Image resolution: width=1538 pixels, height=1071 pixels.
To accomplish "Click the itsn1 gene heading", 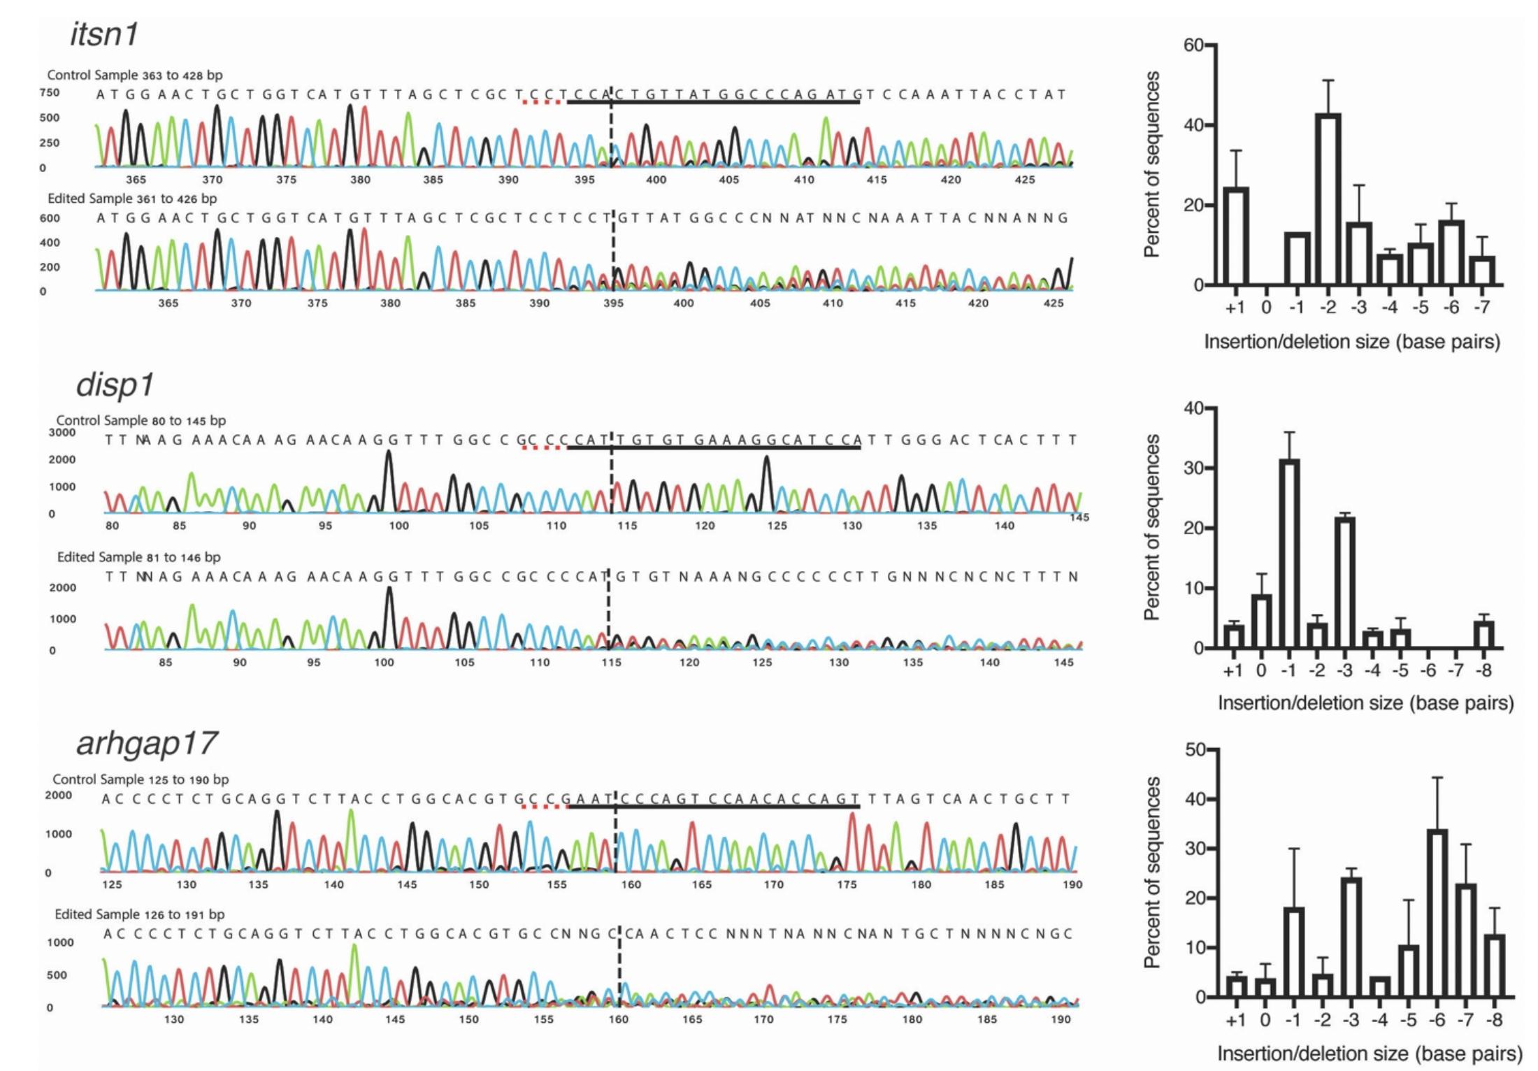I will (104, 34).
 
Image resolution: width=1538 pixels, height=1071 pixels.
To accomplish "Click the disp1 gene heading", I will (115, 384).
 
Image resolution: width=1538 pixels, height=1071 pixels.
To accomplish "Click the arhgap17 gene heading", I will (147, 742).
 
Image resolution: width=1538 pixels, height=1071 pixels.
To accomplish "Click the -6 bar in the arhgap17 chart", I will (1437, 913).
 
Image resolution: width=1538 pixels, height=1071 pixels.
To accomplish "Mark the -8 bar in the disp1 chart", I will (1483, 635).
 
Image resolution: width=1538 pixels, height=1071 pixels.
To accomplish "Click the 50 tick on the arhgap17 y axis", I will (1195, 749).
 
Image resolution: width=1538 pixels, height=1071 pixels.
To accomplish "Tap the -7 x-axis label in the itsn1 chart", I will (1481, 308).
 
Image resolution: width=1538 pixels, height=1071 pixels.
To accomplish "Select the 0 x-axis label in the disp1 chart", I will (1261, 670).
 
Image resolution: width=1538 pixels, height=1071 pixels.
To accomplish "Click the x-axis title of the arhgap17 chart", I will (1369, 1054).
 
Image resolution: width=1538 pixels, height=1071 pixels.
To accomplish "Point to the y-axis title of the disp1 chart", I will (1151, 527).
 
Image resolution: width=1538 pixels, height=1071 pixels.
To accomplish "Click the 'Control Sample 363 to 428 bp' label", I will (135, 75).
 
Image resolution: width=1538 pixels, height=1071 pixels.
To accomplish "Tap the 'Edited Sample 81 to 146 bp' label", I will (138, 557).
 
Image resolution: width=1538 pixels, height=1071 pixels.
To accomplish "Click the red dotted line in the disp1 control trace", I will (542, 447).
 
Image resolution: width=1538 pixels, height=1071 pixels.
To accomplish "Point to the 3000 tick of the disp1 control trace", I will (62, 432).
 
